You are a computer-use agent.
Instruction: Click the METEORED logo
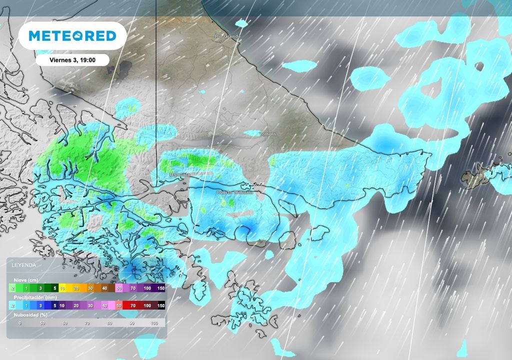[x=72, y=36]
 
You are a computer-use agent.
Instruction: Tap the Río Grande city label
[x=227, y=36]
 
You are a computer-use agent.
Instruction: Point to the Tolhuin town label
[x=267, y=134]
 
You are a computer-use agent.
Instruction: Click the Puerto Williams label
[x=234, y=192]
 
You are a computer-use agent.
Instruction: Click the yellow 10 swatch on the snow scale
[x=63, y=288]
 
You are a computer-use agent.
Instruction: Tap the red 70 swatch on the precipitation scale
[x=132, y=305]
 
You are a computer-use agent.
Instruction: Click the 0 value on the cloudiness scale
[x=20, y=323]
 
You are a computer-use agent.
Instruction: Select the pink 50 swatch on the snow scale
[x=119, y=288]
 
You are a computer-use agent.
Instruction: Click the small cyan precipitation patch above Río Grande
[x=241, y=23]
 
